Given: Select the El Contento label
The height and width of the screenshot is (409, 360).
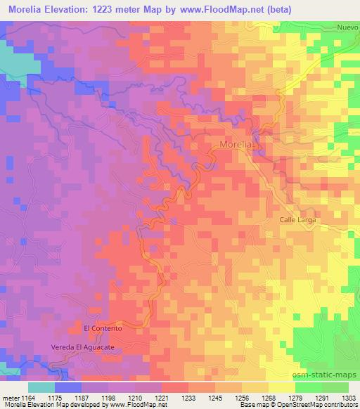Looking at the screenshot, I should [103, 328].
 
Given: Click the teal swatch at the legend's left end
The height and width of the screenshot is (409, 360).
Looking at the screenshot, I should [41, 387].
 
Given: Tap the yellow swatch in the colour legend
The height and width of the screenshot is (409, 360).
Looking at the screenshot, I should [282, 387].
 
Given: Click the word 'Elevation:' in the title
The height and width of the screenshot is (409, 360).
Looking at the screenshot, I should [72, 8].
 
